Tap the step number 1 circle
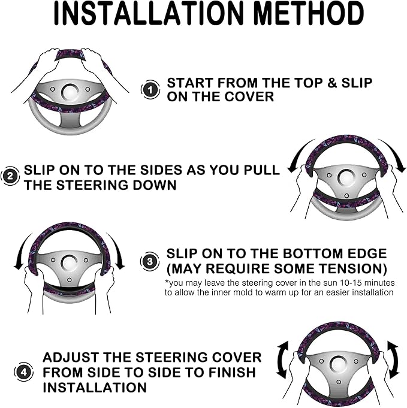pyautogui.click(x=150, y=90)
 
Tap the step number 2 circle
pyautogui.click(x=10, y=177)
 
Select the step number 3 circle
pyautogui.click(x=150, y=261)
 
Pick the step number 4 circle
pyautogui.click(x=23, y=371)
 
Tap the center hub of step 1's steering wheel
pyautogui.click(x=70, y=92)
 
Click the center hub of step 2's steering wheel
pyautogui.click(x=346, y=177)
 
